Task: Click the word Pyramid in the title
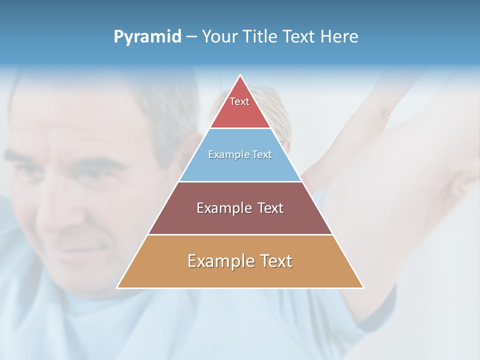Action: (147, 37)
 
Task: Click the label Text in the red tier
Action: (239, 101)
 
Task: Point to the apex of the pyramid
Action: (240, 76)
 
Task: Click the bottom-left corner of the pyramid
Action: (118, 287)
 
